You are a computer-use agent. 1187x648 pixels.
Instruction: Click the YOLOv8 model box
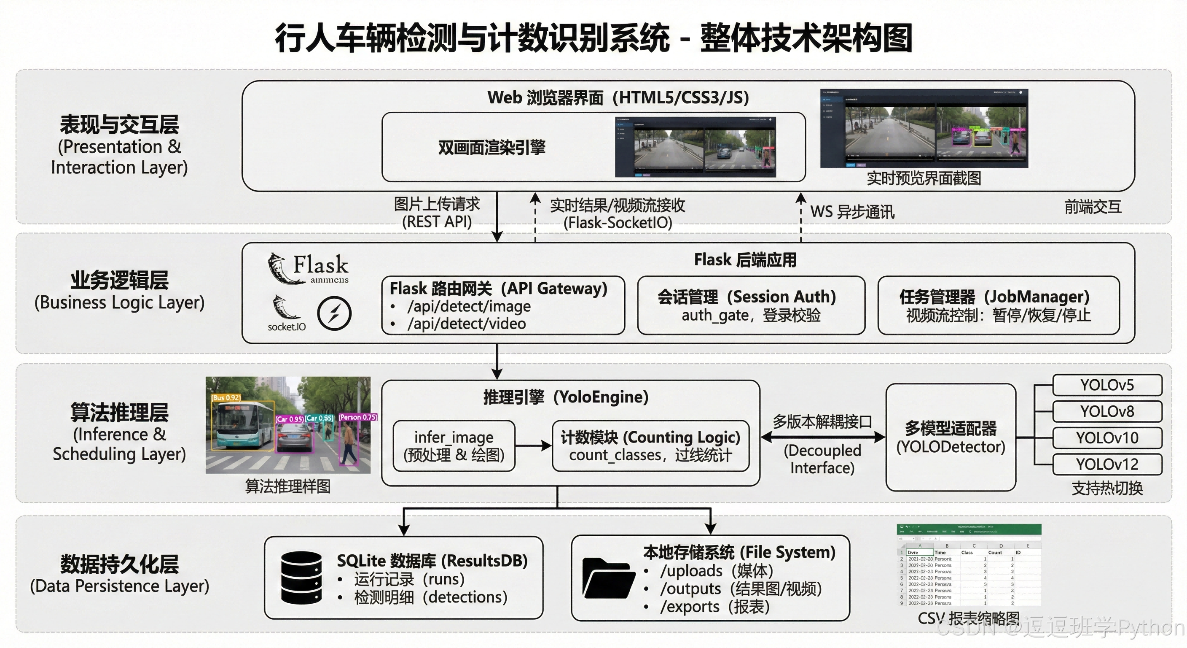click(1107, 411)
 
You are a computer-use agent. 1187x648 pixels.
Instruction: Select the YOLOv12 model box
click(1107, 464)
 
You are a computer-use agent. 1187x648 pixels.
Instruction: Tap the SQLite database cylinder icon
click(301, 578)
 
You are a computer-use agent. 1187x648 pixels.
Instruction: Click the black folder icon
click(608, 578)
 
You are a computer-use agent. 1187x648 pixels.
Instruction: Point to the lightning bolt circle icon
click(334, 313)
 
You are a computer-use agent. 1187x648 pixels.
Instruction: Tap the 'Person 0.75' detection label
click(358, 417)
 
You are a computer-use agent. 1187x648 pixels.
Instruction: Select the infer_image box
click(454, 445)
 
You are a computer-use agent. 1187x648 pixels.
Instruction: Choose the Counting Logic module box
click(650, 445)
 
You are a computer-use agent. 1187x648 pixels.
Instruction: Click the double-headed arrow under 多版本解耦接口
click(822, 437)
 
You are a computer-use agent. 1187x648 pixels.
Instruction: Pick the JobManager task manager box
click(999, 305)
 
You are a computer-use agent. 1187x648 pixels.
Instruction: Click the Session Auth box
click(751, 305)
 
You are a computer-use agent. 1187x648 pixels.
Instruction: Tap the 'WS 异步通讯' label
click(852, 212)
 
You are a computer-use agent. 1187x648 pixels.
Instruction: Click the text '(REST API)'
click(437, 222)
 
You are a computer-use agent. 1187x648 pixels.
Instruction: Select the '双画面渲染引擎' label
click(491, 148)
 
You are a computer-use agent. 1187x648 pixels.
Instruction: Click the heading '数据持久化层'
click(119, 564)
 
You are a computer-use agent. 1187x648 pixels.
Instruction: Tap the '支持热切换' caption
click(1107, 488)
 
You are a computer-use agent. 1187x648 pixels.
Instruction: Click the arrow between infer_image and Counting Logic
click(533, 445)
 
